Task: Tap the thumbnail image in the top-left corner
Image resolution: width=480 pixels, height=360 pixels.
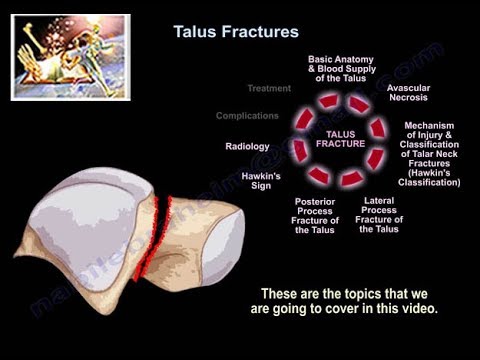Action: point(70,57)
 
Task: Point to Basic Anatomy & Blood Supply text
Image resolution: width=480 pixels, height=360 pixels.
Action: point(341,67)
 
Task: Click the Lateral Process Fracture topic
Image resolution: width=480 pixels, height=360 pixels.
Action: point(380,215)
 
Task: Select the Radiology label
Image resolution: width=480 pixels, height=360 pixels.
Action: point(247,147)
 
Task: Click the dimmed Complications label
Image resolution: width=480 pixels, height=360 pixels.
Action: point(246,116)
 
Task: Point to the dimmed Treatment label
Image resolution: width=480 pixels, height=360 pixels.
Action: point(268,88)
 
